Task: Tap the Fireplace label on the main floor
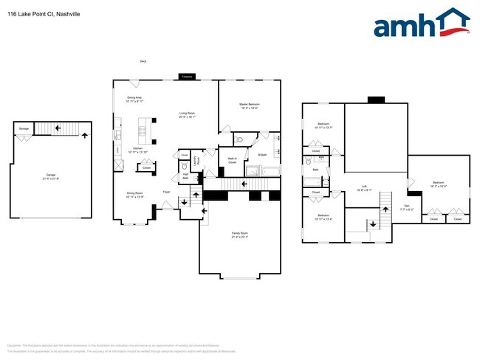click(x=187, y=76)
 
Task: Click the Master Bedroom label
click(x=249, y=106)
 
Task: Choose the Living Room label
click(x=187, y=114)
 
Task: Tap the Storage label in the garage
click(x=24, y=129)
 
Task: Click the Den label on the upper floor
click(x=406, y=207)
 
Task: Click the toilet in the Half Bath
click(x=183, y=167)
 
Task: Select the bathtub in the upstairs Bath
click(x=323, y=180)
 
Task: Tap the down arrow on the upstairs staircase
click(x=374, y=222)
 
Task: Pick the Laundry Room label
click(x=196, y=159)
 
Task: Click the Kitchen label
click(x=137, y=150)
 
